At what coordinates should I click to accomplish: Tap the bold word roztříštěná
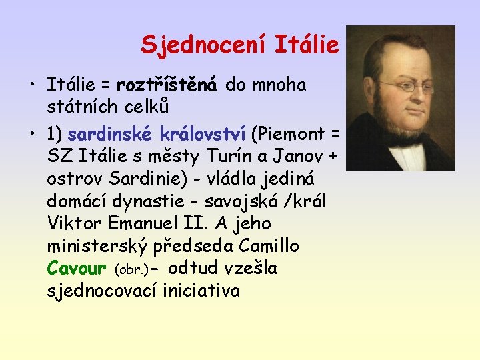click(167, 85)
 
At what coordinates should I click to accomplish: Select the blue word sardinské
click(110, 134)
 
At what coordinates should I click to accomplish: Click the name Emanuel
click(145, 223)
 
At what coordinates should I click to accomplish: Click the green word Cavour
click(77, 269)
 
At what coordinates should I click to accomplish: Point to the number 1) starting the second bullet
click(55, 134)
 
